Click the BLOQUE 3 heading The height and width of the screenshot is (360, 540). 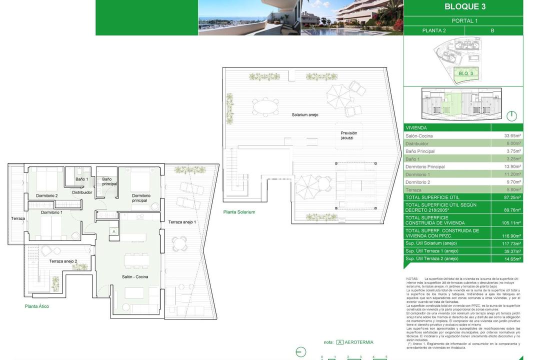click(x=464, y=7)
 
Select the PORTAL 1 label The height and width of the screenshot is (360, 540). click(x=464, y=21)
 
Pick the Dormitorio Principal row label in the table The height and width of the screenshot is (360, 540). click(x=425, y=166)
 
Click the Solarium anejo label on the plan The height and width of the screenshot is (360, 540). click(x=305, y=115)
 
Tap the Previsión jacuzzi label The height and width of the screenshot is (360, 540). click(x=349, y=135)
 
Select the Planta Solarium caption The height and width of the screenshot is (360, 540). click(x=239, y=212)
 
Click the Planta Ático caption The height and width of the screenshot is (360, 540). click(x=37, y=306)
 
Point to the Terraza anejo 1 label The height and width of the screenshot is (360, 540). click(x=182, y=222)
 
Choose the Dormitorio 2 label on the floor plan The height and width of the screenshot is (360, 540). click(x=46, y=195)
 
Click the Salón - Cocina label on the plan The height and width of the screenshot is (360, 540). click(x=135, y=276)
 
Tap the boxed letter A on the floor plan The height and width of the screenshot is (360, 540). click(x=114, y=231)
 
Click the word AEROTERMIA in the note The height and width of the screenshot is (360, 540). click(x=358, y=342)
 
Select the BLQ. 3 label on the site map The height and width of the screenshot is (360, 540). click(x=465, y=73)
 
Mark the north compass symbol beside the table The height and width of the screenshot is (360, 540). click(x=511, y=116)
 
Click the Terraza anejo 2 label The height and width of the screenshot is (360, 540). click(x=63, y=261)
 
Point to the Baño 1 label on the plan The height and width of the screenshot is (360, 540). click(x=81, y=179)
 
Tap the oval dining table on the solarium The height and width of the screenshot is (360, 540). click(x=265, y=106)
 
